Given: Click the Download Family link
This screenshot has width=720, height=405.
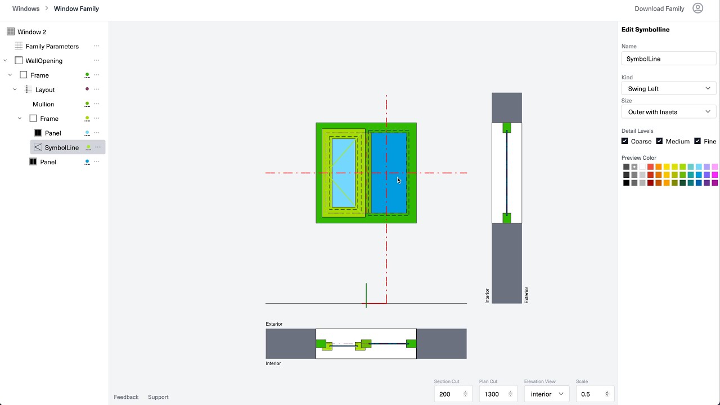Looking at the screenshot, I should tap(659, 8).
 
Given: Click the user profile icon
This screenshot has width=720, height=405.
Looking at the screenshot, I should tap(698, 8).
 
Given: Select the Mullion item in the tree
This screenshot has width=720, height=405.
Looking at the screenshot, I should tap(43, 104).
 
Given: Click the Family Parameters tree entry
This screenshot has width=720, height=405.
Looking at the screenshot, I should tap(52, 46).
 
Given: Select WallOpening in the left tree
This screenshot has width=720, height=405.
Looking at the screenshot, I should tap(44, 61).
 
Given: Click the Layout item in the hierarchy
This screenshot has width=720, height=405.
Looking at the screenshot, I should tap(45, 89).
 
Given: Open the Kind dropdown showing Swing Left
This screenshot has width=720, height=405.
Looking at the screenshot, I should tap(668, 88).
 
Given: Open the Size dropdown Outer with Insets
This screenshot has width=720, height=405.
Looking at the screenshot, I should tap(668, 112).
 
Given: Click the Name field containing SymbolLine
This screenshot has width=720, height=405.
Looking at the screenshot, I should tap(668, 58).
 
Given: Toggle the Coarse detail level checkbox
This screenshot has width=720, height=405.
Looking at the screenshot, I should tap(625, 141).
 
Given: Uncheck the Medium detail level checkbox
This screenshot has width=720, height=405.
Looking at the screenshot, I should tap(659, 141).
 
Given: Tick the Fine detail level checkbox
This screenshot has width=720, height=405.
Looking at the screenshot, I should tap(697, 141).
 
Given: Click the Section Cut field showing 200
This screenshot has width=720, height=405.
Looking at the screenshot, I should tap(449, 394).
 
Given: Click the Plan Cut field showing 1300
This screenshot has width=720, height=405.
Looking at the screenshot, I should tap(494, 394).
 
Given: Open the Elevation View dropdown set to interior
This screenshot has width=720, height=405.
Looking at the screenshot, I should tap(546, 394).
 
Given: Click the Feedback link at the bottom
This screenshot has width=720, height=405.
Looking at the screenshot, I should tap(126, 397).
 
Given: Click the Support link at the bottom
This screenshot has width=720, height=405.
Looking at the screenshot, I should tap(158, 397).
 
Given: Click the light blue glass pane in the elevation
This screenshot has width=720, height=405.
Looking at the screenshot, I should tap(343, 173).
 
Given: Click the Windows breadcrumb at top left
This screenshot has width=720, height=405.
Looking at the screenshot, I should tap(26, 8).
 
